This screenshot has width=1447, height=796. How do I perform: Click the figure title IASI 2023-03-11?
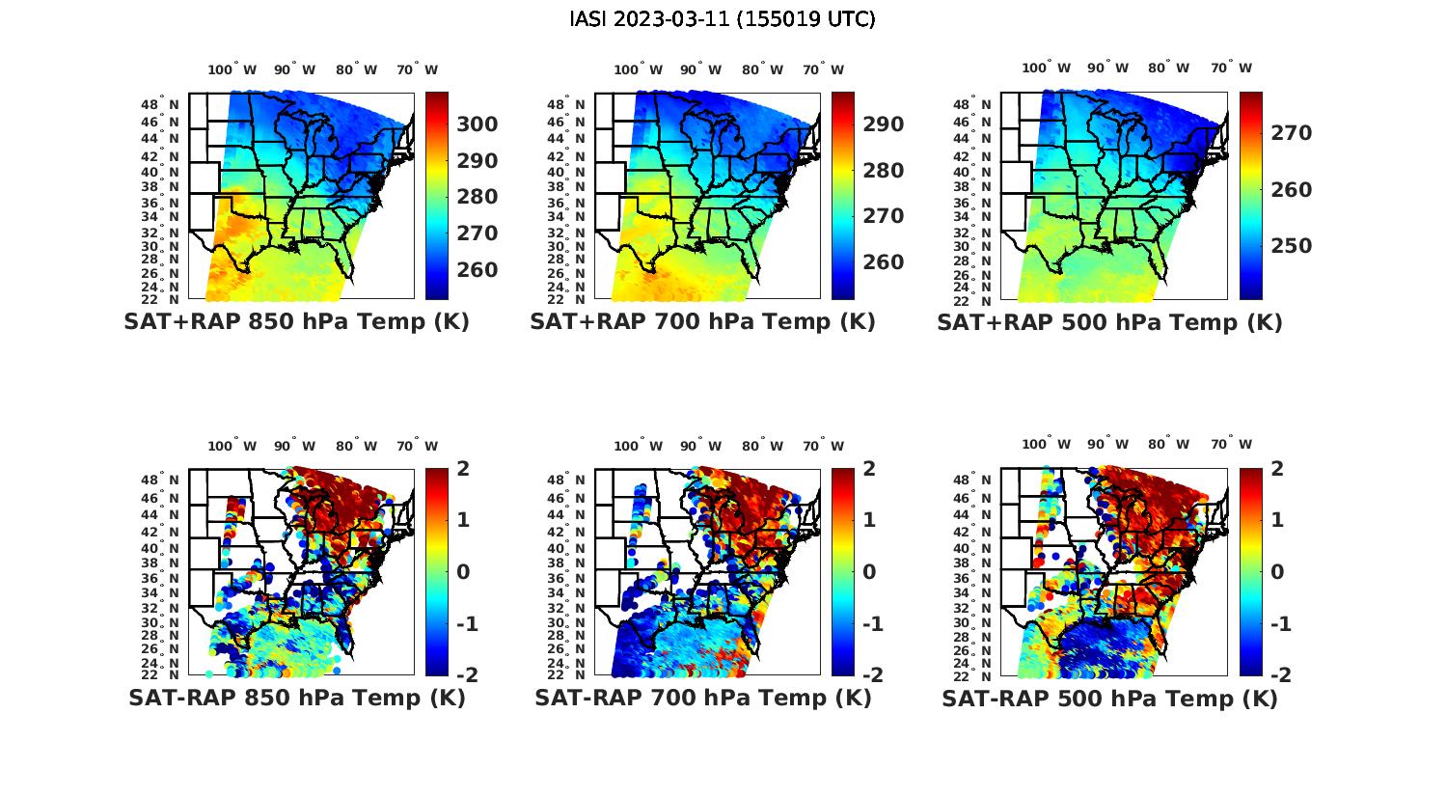coord(723,19)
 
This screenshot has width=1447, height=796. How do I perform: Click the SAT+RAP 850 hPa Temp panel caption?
coord(296,322)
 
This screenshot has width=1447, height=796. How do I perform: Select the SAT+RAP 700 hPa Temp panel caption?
coord(702,322)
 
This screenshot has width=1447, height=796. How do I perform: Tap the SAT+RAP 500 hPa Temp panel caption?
coord(1109,322)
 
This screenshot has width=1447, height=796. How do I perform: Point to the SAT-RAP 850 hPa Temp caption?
coord(296,699)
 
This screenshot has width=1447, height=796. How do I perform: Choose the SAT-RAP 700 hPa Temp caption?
coord(702,699)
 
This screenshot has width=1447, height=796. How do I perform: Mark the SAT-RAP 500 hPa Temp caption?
coord(1109,699)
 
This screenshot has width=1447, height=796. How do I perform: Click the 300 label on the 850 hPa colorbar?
coord(478,124)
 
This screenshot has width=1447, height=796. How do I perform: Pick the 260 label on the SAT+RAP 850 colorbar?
coord(478,270)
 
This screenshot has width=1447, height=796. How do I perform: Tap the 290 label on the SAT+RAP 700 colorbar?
coord(884,124)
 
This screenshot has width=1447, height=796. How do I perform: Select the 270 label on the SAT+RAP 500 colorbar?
coord(1292,133)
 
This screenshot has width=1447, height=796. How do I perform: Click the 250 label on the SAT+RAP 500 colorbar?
coord(1292,246)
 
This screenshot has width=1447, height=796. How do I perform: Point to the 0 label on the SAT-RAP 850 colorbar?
coord(463,572)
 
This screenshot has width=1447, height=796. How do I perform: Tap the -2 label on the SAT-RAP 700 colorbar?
coord(872,675)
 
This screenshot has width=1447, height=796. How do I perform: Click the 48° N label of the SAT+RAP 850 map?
coord(160,104)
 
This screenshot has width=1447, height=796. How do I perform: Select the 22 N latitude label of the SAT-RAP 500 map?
coord(973,674)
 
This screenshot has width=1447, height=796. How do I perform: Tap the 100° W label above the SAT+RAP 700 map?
coord(638,69)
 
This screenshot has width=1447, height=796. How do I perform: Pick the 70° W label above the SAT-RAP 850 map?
coord(418,446)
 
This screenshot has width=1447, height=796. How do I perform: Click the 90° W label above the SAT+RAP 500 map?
coord(1107,68)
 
